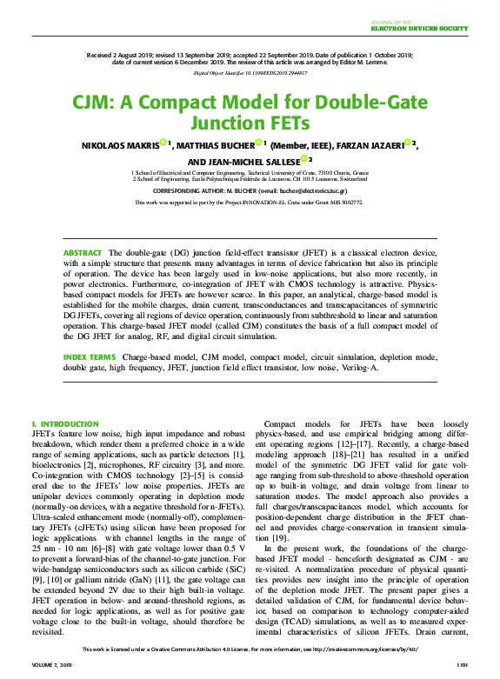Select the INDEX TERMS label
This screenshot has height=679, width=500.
pos(89,357)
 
